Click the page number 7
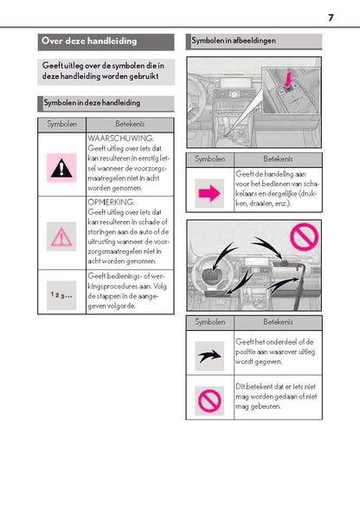pyautogui.click(x=331, y=17)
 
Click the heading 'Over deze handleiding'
pyautogui.click(x=89, y=41)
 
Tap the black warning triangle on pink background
pyautogui.click(x=61, y=169)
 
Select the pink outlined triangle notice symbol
pyautogui.click(x=61, y=237)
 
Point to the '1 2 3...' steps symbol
pyautogui.click(x=61, y=295)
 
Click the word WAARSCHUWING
pyautogui.click(x=120, y=139)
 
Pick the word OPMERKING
pyautogui.click(x=111, y=202)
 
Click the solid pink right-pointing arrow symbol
pyautogui.click(x=209, y=193)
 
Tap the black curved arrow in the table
pyautogui.click(x=209, y=356)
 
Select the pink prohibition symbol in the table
pyautogui.click(x=209, y=400)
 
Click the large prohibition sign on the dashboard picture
pyautogui.click(x=305, y=237)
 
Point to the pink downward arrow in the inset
pyautogui.click(x=287, y=80)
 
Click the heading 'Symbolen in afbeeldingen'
pyautogui.click(x=234, y=41)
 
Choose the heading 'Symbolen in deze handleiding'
pyautogui.click(x=92, y=103)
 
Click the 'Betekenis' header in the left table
pyautogui.click(x=130, y=124)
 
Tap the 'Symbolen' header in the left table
pyautogui.click(x=61, y=124)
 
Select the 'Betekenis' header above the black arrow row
pyautogui.click(x=278, y=322)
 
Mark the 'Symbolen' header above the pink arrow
pyautogui.click(x=210, y=159)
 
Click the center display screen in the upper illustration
pyautogui.click(x=235, y=83)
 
